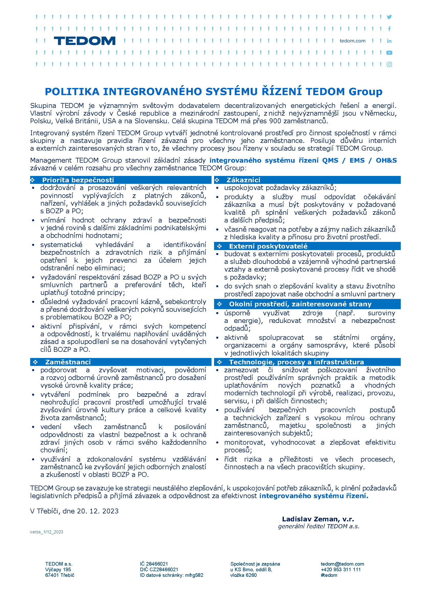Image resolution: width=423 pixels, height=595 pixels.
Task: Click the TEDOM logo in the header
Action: [x=84, y=41]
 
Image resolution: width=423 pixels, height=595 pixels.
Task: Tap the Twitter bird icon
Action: [x=389, y=17]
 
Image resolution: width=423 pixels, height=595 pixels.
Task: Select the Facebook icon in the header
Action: [x=389, y=29]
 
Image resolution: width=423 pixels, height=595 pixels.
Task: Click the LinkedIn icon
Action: [x=389, y=41]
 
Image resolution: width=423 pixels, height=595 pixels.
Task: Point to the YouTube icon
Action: [x=389, y=53]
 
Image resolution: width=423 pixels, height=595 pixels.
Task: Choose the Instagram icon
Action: [x=389, y=64]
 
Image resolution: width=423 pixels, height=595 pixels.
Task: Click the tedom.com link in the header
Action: [x=352, y=41]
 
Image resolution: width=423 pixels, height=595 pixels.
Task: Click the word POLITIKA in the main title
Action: [x=72, y=92]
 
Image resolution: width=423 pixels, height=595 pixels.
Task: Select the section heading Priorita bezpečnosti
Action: [x=78, y=180]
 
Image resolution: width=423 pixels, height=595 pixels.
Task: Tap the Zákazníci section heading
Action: [x=243, y=180]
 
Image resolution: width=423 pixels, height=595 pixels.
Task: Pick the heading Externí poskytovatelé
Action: [x=268, y=246]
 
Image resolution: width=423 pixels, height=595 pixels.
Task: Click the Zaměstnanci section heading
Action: [x=68, y=362]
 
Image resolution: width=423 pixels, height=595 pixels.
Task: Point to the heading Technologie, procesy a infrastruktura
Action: [x=296, y=362]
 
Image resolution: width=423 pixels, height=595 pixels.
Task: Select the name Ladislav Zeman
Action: [x=311, y=519]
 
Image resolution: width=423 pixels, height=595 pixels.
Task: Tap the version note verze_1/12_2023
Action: [x=47, y=532]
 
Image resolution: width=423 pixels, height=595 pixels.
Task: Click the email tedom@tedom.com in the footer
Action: [x=342, y=564]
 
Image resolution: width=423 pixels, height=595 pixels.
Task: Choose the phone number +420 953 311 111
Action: [x=341, y=569]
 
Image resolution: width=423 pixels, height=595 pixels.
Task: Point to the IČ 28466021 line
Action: [x=154, y=564]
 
